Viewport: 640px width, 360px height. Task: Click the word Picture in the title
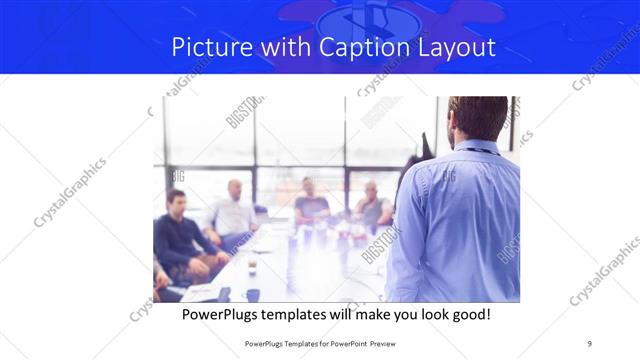coord(206,47)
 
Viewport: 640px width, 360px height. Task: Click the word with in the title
coord(286,47)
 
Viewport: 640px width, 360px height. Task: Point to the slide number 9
coord(590,343)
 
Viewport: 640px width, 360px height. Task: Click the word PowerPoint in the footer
coord(336,343)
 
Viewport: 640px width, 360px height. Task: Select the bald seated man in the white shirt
coord(233,211)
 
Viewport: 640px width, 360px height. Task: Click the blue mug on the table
coord(253,295)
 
